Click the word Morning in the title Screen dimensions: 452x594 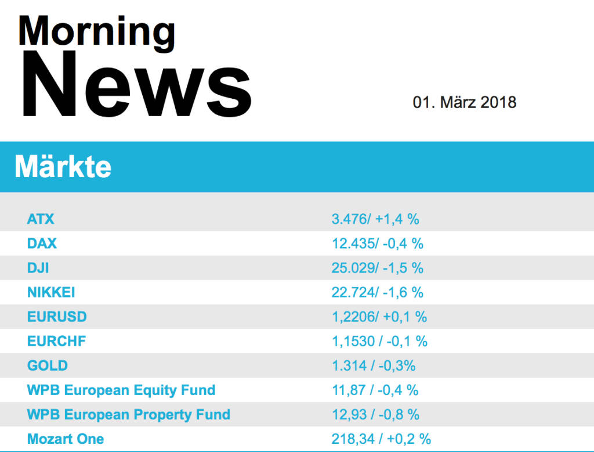[x=96, y=31]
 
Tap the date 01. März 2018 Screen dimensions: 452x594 [x=464, y=103]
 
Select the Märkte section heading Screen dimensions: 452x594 [x=63, y=167]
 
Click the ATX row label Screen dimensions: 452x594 [x=41, y=219]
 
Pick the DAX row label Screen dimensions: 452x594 [x=42, y=243]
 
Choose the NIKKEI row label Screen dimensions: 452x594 [x=51, y=292]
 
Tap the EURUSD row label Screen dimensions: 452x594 [x=57, y=317]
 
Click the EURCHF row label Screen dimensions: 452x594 [x=56, y=341]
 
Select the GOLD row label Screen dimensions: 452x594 [x=47, y=365]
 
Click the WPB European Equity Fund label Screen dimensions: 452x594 [x=121, y=390]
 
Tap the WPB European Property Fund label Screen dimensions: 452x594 [x=129, y=414]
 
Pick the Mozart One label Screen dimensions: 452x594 [x=66, y=439]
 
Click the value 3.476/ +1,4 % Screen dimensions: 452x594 [x=375, y=219]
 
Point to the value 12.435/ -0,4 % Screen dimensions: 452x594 [x=378, y=243]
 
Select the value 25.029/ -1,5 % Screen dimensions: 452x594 [x=378, y=268]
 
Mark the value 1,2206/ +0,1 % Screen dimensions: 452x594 [x=379, y=317]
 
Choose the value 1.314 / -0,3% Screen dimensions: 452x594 [x=374, y=365]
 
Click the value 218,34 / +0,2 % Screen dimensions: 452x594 [x=381, y=439]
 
